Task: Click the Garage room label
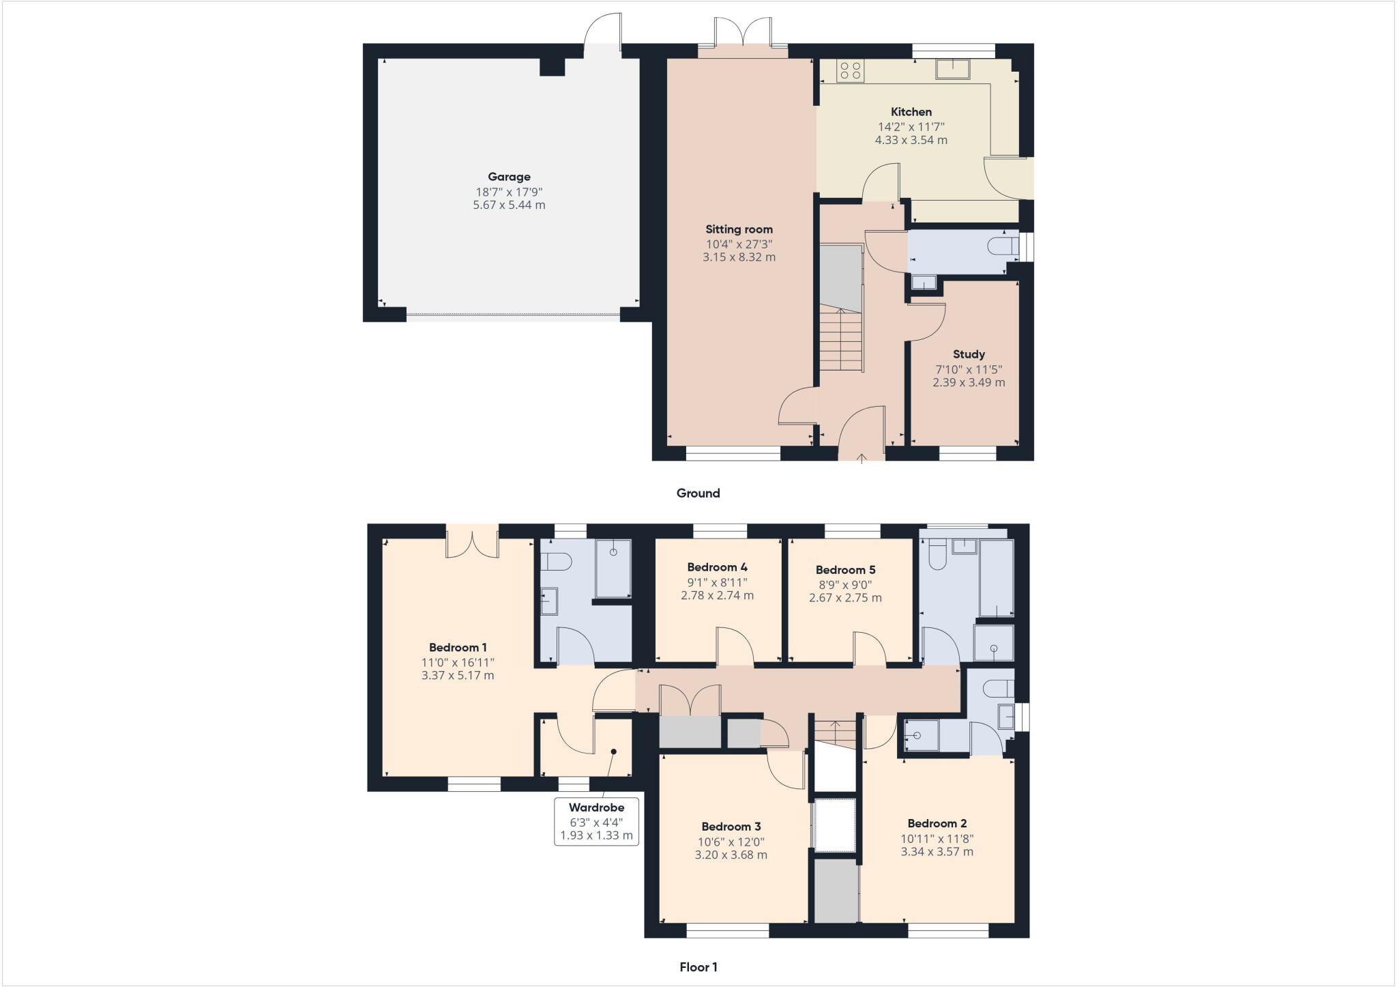[509, 177]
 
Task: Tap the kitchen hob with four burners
[851, 71]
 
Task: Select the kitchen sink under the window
[953, 69]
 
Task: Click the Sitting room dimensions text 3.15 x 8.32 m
[739, 257]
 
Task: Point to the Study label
[969, 354]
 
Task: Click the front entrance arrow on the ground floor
[862, 458]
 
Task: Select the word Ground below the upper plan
[698, 493]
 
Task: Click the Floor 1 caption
[698, 967]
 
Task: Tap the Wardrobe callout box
[596, 821]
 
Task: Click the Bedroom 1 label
[458, 648]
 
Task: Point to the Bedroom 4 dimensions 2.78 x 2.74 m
[717, 595]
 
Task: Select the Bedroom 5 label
[845, 570]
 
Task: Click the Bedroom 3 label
[731, 827]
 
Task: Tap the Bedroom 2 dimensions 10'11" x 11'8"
[937, 839]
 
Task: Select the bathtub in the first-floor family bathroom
[997, 577]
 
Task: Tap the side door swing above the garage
[604, 30]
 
